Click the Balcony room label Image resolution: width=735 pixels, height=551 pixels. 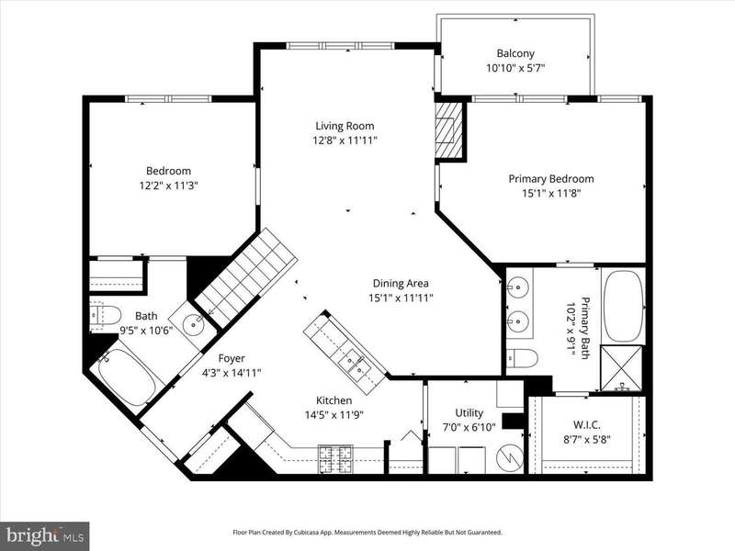click(515, 53)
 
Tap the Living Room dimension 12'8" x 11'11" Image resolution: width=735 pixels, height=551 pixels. click(345, 141)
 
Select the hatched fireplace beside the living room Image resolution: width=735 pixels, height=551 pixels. click(448, 129)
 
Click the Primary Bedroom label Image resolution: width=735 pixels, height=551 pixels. click(551, 178)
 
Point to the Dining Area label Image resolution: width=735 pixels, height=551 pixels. click(401, 283)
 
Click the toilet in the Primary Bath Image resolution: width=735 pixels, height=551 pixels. click(522, 358)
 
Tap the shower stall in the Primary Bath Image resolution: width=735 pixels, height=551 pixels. click(622, 368)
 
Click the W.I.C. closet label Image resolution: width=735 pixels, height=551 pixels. click(586, 425)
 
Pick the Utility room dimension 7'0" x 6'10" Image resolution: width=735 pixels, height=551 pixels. click(469, 427)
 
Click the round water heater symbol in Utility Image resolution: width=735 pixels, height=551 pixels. click(510, 457)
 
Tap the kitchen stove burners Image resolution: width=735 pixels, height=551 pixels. click(335, 458)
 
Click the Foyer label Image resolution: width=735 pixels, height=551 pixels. click(232, 358)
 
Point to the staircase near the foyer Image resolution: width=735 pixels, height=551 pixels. click(245, 277)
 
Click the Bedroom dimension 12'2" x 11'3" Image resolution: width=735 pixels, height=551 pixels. click(168, 186)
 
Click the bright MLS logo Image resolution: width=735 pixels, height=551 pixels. click(44, 534)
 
